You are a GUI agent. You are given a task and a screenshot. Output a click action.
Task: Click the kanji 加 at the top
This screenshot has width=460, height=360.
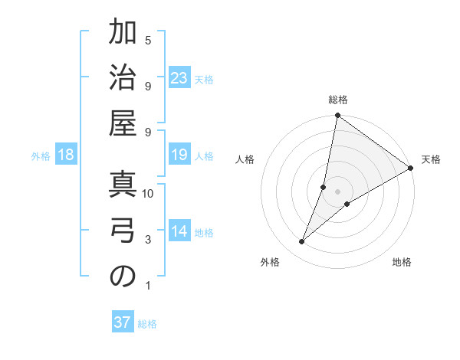[123, 34]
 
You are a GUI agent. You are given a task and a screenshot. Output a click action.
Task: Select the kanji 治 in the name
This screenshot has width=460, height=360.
[123, 78]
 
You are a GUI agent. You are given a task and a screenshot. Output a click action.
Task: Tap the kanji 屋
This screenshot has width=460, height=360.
[123, 124]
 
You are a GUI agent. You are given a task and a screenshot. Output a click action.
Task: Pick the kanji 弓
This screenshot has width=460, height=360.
[123, 231]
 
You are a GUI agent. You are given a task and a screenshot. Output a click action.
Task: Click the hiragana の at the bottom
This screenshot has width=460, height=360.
[123, 277]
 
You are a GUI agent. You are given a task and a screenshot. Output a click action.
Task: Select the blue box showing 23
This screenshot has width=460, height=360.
[179, 77]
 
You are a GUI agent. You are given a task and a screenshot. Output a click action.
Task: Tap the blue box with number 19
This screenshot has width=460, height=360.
[179, 155]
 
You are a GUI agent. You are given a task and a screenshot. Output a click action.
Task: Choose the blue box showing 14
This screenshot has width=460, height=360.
[179, 232]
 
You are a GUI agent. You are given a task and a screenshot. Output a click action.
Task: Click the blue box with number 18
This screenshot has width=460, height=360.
[66, 155]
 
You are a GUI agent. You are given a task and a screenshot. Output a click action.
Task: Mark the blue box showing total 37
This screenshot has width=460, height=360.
[123, 322]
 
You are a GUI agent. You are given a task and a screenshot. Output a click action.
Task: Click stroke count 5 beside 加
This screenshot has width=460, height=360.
[148, 40]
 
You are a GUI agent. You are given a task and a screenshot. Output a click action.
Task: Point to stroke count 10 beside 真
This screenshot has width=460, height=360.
[148, 194]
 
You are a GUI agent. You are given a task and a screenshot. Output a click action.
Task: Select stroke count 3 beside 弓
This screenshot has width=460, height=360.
[148, 240]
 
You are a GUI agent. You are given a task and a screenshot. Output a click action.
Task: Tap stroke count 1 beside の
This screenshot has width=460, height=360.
[148, 286]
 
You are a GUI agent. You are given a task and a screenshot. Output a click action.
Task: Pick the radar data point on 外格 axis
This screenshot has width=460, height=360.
[302, 242]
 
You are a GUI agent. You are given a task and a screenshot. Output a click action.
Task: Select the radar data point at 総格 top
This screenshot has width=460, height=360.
[337, 116]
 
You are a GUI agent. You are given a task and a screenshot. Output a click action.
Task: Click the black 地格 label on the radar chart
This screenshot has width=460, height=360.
[402, 263]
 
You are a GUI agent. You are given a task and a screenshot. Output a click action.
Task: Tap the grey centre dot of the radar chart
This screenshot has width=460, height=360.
[337, 191]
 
